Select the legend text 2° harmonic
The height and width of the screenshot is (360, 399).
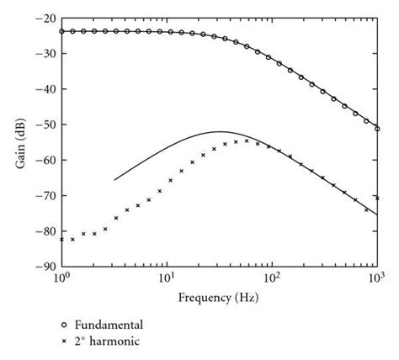point(104,342)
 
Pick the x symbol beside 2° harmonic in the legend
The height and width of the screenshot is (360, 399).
point(63,342)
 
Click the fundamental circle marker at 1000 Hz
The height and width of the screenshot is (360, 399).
point(377,129)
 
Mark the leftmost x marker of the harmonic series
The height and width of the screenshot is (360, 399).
point(61,240)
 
